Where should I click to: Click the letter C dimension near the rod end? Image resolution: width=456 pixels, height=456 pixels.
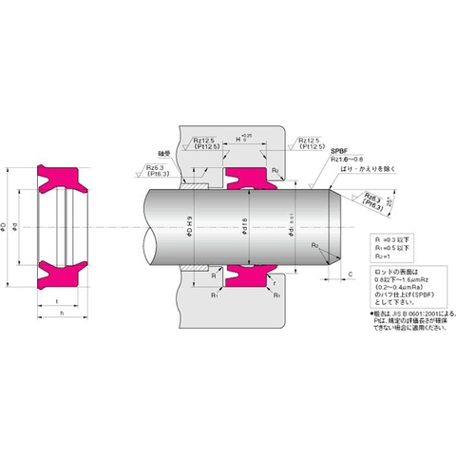352,275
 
